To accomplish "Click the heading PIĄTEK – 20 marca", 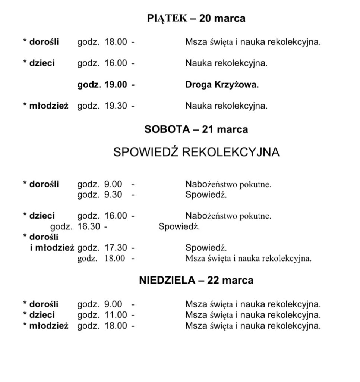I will (x=196, y=19).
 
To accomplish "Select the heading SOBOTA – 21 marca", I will (x=196, y=129).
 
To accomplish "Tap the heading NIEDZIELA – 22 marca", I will (x=196, y=280).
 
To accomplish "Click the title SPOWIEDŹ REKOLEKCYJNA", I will (x=196, y=152).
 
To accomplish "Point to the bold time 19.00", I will (x=116, y=85).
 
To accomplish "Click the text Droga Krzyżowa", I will (x=222, y=85).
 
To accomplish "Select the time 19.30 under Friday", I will (x=116, y=106).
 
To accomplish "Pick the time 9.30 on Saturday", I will (x=113, y=194).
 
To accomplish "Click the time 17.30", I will (x=116, y=247).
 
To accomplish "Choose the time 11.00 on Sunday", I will (x=116, y=315).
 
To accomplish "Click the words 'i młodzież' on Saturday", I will (x=52, y=247).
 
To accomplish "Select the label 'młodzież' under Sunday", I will (x=49, y=326).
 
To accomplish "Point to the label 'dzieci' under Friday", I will (x=42, y=63).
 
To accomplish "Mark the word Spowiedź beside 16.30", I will (x=179, y=226).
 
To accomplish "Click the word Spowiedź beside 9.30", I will (x=206, y=194).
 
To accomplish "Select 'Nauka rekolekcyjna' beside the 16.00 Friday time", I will (x=226, y=63).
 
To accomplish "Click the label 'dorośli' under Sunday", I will (x=44, y=304).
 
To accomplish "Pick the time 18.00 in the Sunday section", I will (x=116, y=326).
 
